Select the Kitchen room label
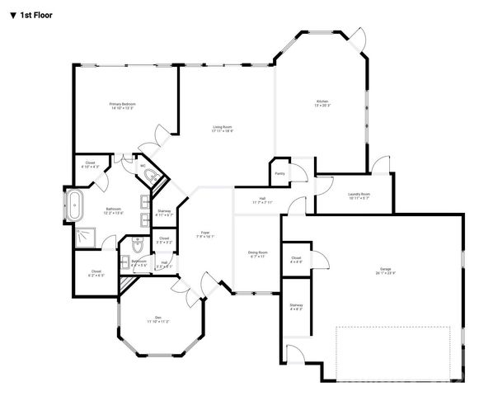pyautogui.click(x=322, y=102)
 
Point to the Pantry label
pyautogui.click(x=279, y=173)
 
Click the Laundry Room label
pyautogui.click(x=359, y=195)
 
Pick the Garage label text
pyautogui.click(x=385, y=269)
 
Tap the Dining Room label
pyautogui.click(x=258, y=252)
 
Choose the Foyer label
pyautogui.click(x=205, y=233)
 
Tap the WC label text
pyautogui.click(x=143, y=165)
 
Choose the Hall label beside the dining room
pyautogui.click(x=262, y=199)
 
